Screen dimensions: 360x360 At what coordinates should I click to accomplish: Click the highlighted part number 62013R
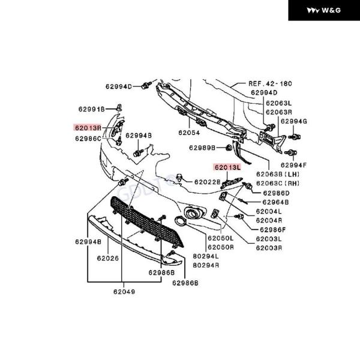(x=88, y=127)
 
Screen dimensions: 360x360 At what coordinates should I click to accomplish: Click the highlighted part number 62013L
(x=228, y=167)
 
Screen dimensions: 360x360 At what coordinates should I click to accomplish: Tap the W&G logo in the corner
(x=323, y=10)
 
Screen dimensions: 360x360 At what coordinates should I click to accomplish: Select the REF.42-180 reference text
(x=270, y=84)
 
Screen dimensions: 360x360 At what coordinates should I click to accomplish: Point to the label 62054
(x=188, y=132)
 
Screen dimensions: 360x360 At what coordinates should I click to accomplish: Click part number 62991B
(x=91, y=109)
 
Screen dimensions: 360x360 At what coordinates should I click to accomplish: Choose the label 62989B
(x=202, y=148)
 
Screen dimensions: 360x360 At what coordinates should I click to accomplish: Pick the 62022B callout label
(x=207, y=181)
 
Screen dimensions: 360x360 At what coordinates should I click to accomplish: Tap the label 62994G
(x=293, y=122)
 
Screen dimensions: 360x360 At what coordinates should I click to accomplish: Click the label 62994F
(x=293, y=165)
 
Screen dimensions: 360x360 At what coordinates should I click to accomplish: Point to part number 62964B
(x=275, y=202)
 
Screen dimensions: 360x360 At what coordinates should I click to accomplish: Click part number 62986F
(x=273, y=229)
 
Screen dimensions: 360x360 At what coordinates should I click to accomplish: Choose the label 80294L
(x=206, y=256)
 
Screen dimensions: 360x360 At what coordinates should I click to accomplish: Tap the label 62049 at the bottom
(x=123, y=292)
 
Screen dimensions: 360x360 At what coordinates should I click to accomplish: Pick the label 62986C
(x=88, y=138)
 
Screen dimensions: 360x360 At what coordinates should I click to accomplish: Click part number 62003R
(x=269, y=247)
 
